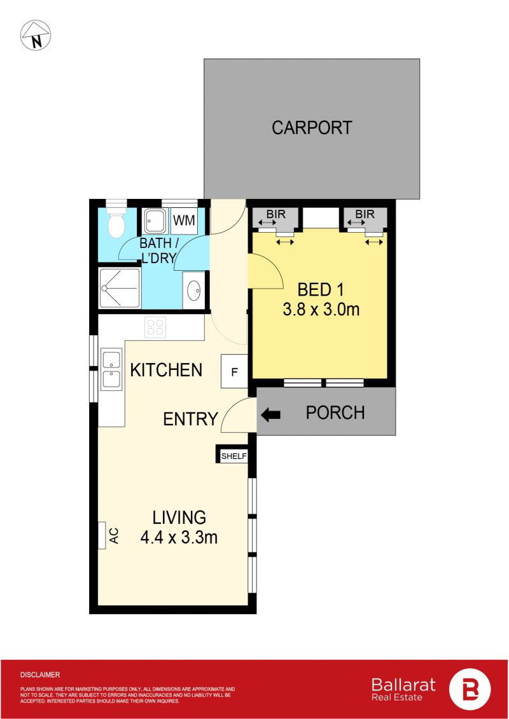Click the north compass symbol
36,36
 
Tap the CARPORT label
312,128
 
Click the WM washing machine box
184,221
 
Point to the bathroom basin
193,289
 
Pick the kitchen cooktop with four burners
155,327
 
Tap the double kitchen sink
111,369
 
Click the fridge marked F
234,371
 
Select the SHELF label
234,456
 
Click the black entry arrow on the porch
271,414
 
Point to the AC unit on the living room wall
102,535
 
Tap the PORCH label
335,413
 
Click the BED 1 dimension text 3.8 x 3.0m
321,310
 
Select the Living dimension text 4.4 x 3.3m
179,537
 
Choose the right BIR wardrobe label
365,214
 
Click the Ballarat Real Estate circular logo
469,688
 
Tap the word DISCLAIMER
40,674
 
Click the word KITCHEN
166,369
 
